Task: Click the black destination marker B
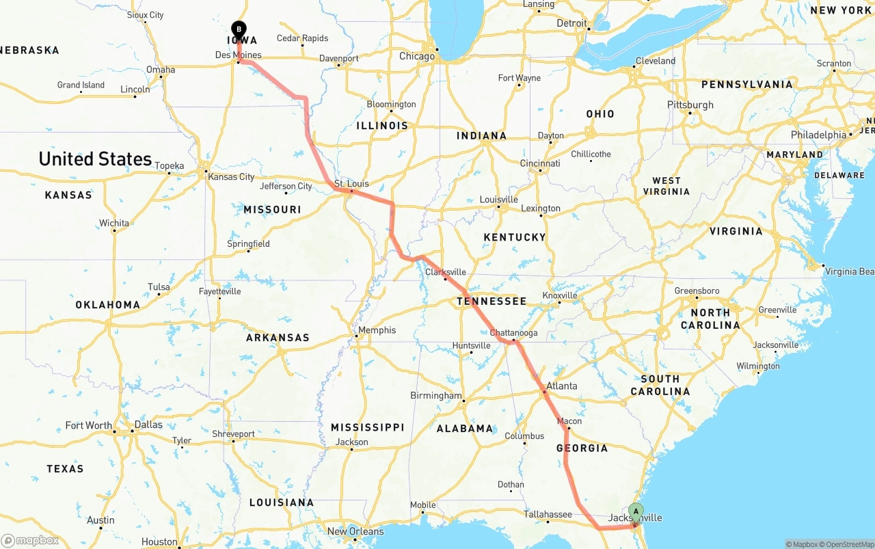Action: (x=239, y=29)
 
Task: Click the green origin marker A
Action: (x=636, y=511)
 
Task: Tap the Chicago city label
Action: (x=417, y=56)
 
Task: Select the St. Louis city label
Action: (x=351, y=183)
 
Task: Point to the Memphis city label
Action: (x=377, y=330)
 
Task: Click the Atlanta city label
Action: (x=562, y=386)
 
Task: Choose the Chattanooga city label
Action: (x=514, y=333)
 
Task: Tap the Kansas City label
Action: (x=231, y=176)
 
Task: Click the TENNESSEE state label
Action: (x=492, y=301)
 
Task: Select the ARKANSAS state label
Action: (x=278, y=337)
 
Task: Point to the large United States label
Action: (x=95, y=159)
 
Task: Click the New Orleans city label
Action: (x=355, y=531)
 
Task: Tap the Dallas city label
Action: (x=148, y=425)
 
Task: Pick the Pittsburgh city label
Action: (x=690, y=105)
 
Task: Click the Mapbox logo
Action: (x=30, y=540)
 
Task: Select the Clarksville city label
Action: (x=446, y=271)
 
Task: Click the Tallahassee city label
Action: (x=548, y=514)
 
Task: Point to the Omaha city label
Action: (x=161, y=70)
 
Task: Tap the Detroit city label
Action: (x=572, y=23)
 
